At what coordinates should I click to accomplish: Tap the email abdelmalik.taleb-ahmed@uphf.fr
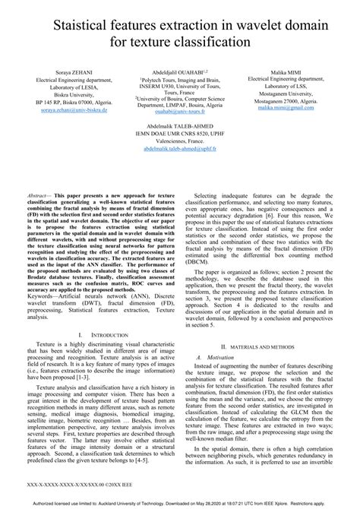(x=179, y=149)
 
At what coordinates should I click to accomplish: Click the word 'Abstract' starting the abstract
(x=49, y=195)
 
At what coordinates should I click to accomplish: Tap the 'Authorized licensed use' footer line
(x=180, y=503)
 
